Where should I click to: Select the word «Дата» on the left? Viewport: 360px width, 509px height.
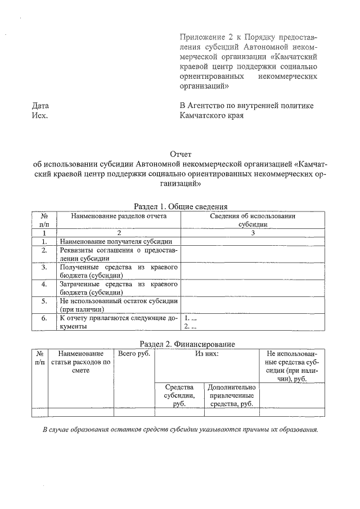40,105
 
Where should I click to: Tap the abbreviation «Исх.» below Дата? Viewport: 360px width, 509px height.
40,115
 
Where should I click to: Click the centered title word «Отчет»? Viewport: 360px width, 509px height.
181,154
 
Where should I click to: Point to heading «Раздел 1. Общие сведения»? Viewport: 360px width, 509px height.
180,206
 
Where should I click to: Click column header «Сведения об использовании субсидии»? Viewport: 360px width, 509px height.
253,220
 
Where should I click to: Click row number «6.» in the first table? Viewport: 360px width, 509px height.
43,318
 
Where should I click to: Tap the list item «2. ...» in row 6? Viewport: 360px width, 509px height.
190,326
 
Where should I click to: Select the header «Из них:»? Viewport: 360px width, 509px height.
206,354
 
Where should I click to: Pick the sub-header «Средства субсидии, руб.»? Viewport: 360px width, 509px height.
180,395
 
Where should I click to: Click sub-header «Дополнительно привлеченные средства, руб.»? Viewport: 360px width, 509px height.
232,395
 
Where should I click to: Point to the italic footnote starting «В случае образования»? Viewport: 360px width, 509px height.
181,430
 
